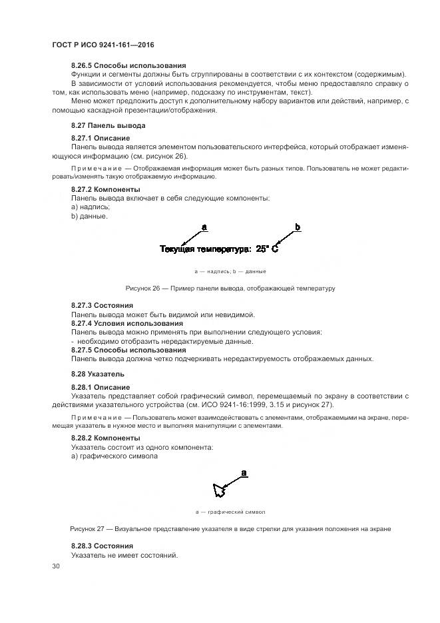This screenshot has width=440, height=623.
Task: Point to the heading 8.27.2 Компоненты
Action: coord(106,190)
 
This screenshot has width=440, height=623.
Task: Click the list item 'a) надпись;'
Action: coord(91,207)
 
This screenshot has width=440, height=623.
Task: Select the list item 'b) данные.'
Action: coord(89,216)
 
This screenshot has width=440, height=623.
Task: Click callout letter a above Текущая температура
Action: coord(204,227)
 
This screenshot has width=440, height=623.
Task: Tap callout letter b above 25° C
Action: coord(298,227)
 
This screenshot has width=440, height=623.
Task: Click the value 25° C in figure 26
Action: coord(266,249)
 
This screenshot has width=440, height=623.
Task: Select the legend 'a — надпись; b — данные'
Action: coord(230,271)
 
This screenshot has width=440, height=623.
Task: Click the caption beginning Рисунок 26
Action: coord(230,289)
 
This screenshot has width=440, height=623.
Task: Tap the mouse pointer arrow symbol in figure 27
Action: coord(219,491)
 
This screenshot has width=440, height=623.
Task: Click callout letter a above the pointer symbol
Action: coord(244,472)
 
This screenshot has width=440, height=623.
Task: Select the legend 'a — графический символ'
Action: coord(230,512)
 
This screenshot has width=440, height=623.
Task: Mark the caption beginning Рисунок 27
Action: coord(230,529)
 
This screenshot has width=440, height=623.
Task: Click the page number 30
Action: coord(55,566)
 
